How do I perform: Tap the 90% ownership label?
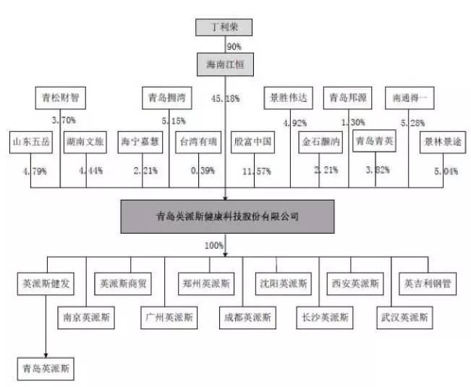[234, 46]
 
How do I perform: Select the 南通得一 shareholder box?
[411, 96]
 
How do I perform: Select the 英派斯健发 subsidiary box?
[46, 284]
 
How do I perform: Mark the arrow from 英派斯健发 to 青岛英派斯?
[46, 326]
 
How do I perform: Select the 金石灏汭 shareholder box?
[321, 142]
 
